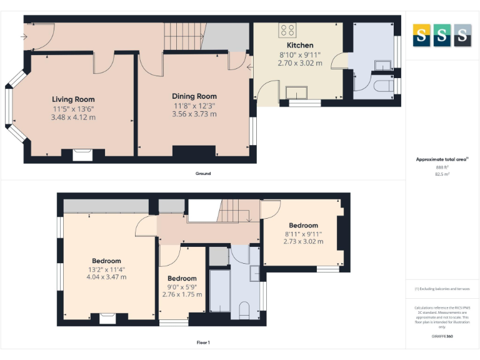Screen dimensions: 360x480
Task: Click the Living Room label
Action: (x=73, y=99)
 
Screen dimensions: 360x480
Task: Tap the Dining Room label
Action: (x=194, y=96)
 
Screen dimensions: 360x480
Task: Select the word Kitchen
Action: (x=300, y=46)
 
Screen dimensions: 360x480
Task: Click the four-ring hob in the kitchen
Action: (x=288, y=30)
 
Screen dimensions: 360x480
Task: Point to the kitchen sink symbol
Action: (x=297, y=94)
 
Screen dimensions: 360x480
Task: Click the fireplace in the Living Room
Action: (x=82, y=154)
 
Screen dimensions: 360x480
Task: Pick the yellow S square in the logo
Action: (x=421, y=35)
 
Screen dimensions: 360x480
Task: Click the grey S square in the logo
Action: (x=462, y=35)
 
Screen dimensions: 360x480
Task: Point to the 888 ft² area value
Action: (x=442, y=167)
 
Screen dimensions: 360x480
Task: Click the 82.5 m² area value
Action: (x=442, y=174)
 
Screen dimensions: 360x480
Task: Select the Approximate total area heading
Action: (x=441, y=160)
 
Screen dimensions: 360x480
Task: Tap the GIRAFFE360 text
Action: (x=442, y=336)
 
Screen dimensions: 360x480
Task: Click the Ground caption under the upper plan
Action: (x=202, y=173)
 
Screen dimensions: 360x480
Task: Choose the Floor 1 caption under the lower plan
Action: (x=203, y=342)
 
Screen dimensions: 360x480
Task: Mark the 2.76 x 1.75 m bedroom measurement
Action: (x=182, y=294)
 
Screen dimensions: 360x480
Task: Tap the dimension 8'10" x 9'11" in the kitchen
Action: (x=300, y=55)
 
